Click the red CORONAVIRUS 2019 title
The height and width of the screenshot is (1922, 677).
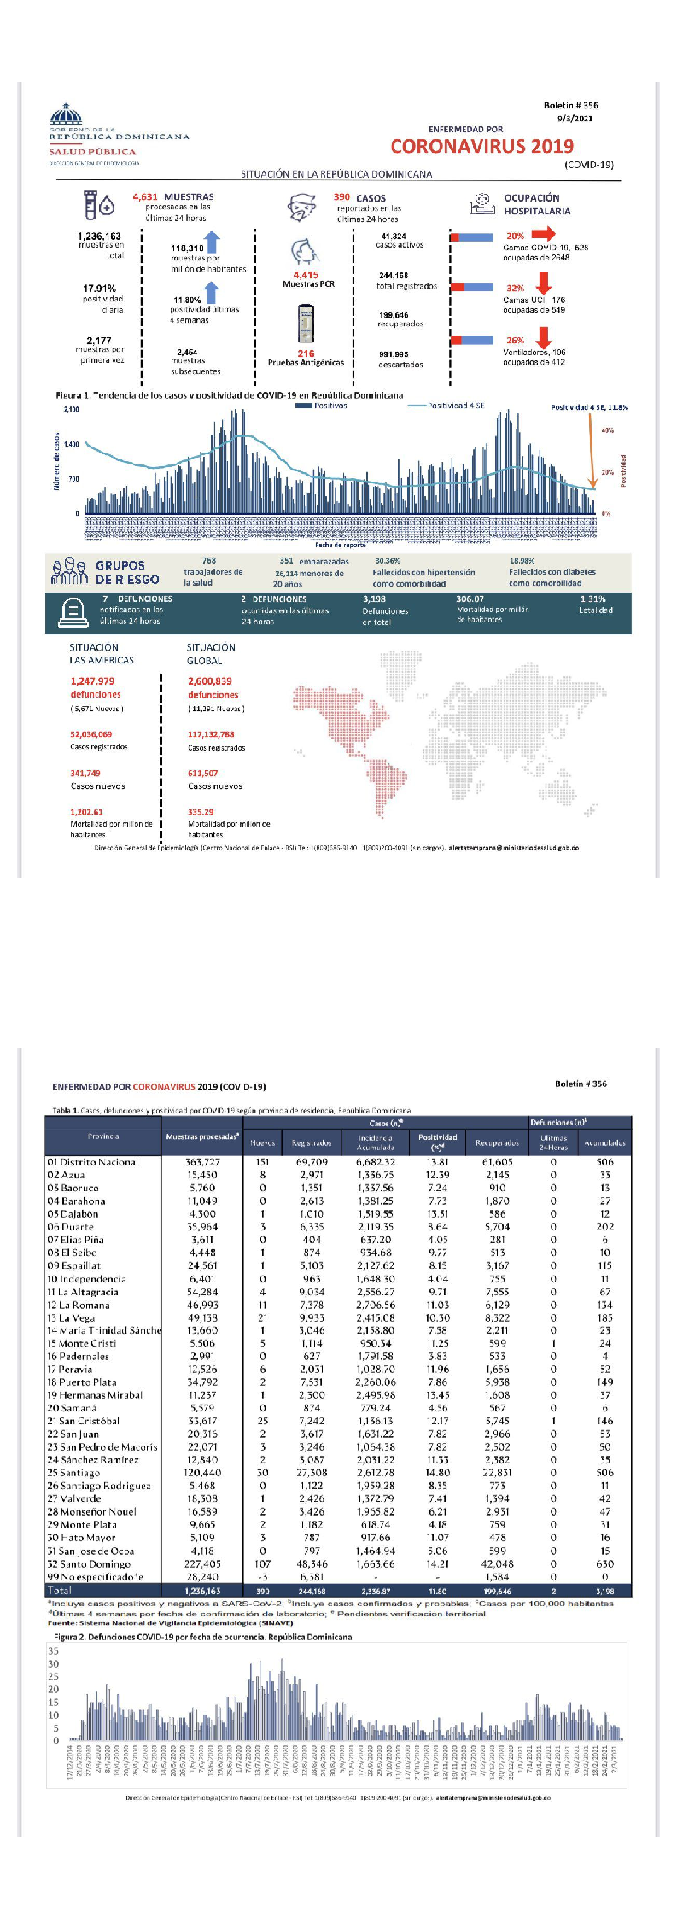click(x=482, y=146)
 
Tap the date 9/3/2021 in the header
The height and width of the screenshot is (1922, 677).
click(x=575, y=119)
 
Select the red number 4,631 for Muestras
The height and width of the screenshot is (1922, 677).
click(x=145, y=196)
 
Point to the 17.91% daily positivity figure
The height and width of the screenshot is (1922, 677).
click(x=99, y=289)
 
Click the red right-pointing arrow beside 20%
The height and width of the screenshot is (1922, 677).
click(x=544, y=233)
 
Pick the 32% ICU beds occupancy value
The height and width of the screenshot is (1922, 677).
click(x=515, y=289)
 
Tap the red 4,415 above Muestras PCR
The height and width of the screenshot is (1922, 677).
click(x=306, y=275)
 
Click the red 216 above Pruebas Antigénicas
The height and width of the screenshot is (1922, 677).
click(x=306, y=353)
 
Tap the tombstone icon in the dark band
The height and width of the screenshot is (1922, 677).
click(x=73, y=610)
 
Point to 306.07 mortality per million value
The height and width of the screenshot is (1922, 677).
click(x=470, y=599)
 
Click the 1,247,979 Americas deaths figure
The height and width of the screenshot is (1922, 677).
click(x=92, y=681)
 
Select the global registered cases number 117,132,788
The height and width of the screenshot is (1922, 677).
click(x=211, y=734)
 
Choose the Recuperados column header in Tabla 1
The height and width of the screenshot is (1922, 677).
click(x=497, y=1142)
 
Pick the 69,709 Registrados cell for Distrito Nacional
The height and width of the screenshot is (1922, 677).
click(x=312, y=1162)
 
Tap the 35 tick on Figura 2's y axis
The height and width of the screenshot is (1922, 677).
click(x=54, y=1650)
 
